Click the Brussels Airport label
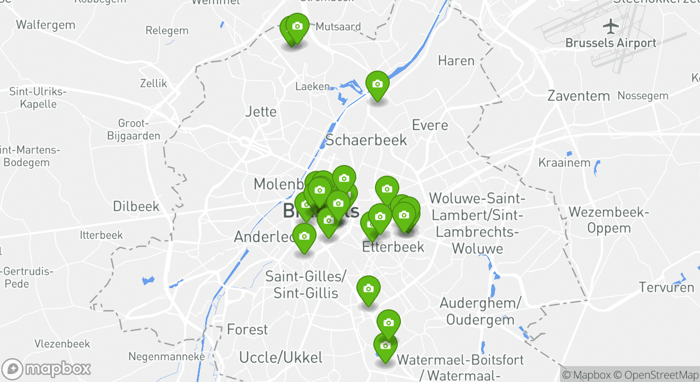point(610,43)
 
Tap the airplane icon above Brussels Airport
point(611,25)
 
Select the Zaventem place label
point(579,96)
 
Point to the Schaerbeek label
point(366,140)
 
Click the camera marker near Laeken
point(377,85)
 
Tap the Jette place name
point(261,111)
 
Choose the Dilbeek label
point(136,206)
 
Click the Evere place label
point(430,125)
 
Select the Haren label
point(456,61)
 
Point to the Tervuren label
point(666,288)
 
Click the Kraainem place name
point(564,162)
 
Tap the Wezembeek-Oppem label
point(608,220)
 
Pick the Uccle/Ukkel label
point(281,357)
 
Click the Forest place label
point(247,329)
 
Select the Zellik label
point(153,83)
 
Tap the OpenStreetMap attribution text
point(657,375)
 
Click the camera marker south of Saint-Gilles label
point(368,290)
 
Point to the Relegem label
point(167,31)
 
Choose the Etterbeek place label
point(393,247)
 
